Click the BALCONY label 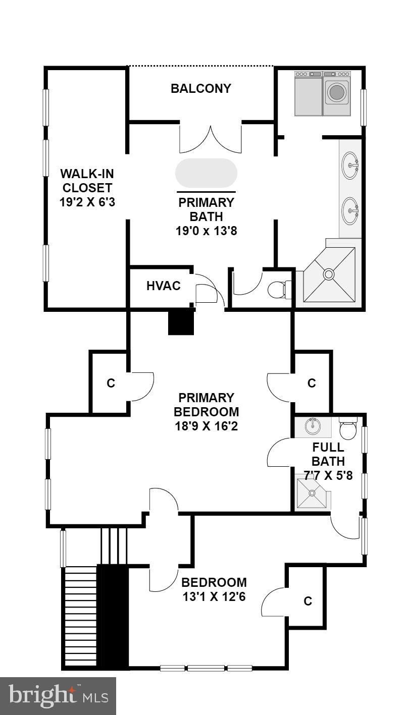point(200,89)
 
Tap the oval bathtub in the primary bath point(206,174)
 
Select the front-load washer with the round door point(336,93)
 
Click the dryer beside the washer point(308,94)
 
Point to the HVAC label point(163,286)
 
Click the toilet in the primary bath point(277,289)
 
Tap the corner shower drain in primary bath point(329,274)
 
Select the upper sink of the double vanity point(350,165)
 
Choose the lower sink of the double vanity point(350,210)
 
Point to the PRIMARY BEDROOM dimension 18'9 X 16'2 point(206,426)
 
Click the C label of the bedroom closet point(308,601)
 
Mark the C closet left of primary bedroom point(111,383)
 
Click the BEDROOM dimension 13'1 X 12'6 point(214,597)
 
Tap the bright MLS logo point(58,696)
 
